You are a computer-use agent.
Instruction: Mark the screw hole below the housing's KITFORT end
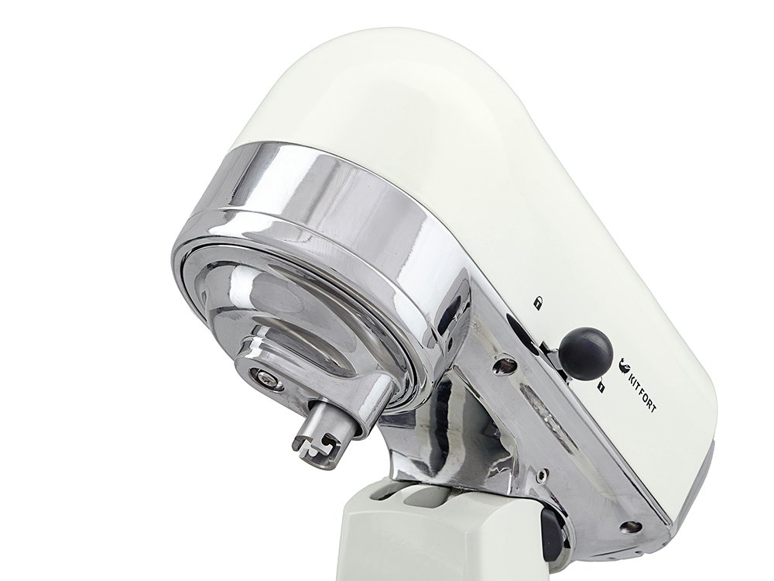(x=630, y=525)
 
